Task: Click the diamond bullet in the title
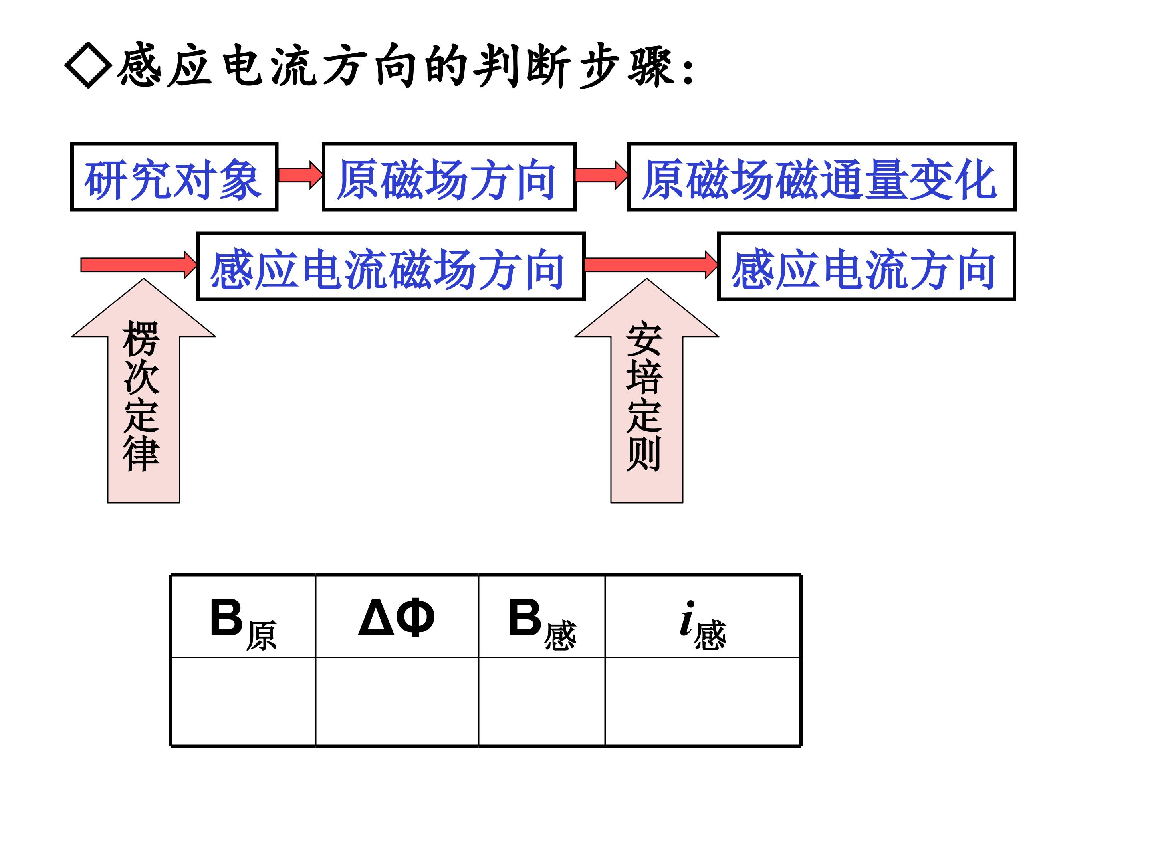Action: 88,65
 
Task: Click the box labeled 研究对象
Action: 174,177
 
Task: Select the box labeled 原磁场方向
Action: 449,177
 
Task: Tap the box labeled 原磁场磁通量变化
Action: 821,177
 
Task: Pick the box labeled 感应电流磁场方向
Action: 391,267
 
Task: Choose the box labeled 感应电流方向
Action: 866,267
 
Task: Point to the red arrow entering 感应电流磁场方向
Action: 138,265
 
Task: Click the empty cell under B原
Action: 243,702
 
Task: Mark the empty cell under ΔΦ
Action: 397,702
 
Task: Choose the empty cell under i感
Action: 702,702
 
